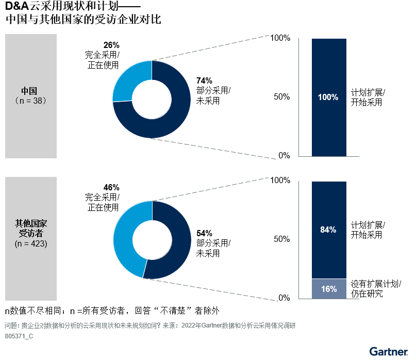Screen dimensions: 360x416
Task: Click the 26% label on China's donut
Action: [x=111, y=45]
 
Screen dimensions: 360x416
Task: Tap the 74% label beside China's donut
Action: [x=204, y=80]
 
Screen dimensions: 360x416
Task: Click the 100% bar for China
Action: [x=329, y=97]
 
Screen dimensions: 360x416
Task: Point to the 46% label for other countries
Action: [x=111, y=187]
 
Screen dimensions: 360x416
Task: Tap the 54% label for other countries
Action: [x=204, y=233]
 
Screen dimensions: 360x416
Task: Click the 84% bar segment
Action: [x=329, y=230]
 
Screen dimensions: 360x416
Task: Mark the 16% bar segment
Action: [x=329, y=289]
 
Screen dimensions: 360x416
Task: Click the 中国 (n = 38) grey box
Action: [x=30, y=96]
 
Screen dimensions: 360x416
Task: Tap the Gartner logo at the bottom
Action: [x=388, y=352]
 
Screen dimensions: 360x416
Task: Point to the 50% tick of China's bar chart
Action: [x=281, y=97]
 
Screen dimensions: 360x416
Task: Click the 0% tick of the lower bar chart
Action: [x=285, y=298]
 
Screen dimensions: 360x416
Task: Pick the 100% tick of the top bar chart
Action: [x=280, y=38]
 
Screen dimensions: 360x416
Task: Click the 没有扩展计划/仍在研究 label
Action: [x=376, y=289]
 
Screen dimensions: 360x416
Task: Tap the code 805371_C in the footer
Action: [x=19, y=336]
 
